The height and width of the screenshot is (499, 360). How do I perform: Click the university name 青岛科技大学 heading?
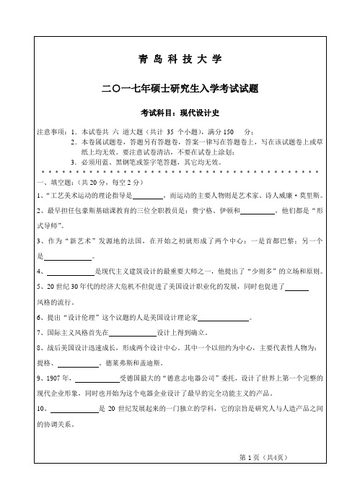180,57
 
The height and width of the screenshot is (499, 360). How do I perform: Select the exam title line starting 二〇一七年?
180,88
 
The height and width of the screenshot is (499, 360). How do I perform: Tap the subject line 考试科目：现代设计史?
180,113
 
